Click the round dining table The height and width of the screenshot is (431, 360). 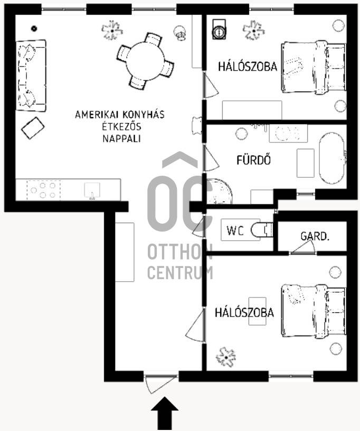(x=145, y=61)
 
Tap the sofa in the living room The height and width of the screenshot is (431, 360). (x=31, y=75)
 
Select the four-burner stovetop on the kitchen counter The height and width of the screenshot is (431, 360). (x=43, y=190)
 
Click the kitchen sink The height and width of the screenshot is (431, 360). (x=92, y=190)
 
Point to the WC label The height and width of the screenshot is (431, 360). (x=235, y=231)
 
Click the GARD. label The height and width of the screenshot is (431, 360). (x=315, y=236)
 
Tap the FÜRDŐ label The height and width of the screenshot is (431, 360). (x=253, y=160)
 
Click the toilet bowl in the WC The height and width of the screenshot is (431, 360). (x=262, y=230)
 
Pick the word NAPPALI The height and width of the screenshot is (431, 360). (x=121, y=139)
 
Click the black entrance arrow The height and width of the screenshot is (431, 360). (x=165, y=413)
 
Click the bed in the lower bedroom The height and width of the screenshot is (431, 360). (x=314, y=311)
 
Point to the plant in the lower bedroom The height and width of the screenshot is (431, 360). (x=226, y=357)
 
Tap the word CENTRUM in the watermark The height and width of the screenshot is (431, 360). (x=180, y=272)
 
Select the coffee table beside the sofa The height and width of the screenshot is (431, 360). (x=33, y=128)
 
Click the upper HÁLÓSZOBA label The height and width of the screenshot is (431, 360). (x=248, y=66)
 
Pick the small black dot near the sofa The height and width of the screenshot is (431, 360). (x=34, y=28)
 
